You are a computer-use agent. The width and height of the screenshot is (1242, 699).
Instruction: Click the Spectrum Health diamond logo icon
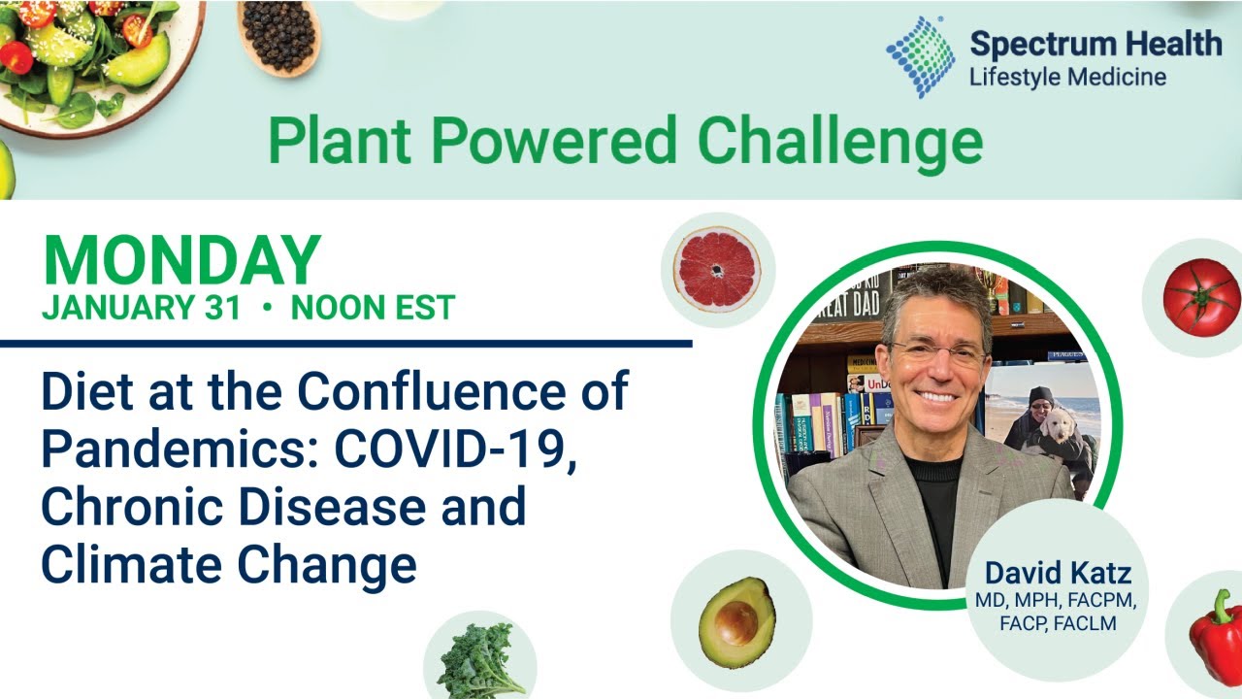pos(920,56)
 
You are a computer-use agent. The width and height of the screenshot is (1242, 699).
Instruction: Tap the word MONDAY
pos(181,260)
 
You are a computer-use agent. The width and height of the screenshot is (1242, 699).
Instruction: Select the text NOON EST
pos(373,308)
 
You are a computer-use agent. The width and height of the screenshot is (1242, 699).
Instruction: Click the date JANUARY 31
pos(141,308)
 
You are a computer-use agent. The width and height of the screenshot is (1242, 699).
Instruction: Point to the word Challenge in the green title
pos(840,142)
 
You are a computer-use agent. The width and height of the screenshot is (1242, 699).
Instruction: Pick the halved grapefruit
pos(718,268)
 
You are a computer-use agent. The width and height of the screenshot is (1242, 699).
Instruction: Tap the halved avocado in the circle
pos(736,622)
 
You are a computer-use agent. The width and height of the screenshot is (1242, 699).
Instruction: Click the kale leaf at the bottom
pos(480,660)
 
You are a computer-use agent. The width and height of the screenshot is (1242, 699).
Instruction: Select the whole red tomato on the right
pos(1201,297)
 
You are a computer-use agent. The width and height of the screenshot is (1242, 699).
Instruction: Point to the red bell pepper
pos(1217,636)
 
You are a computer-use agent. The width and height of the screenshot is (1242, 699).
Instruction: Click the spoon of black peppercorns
pos(279,36)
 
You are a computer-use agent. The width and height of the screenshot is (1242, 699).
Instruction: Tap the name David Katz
pos(1058,573)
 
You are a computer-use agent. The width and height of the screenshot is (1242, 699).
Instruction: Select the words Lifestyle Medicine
pos(1067,77)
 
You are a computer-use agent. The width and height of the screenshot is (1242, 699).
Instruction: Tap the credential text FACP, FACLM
pos(1058,623)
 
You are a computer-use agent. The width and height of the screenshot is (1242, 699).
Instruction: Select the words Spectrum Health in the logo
pos(1095,44)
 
